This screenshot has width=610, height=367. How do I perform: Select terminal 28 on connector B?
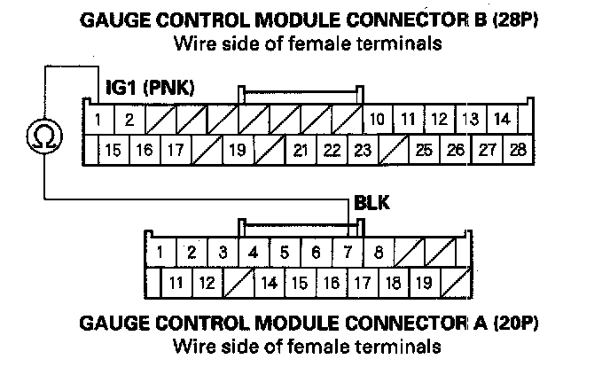[x=518, y=150]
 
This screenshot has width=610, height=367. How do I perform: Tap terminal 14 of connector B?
[x=502, y=119]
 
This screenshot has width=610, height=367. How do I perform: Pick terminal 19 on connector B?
[x=236, y=150]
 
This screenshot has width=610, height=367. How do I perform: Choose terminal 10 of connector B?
[x=377, y=119]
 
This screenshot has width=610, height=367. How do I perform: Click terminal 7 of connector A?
[x=348, y=252]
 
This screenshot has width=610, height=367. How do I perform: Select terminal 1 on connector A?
[x=160, y=252]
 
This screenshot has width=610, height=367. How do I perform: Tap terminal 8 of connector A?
[x=379, y=252]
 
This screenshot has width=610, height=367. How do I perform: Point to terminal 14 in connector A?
[x=269, y=284]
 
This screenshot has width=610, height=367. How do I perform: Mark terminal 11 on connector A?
[x=176, y=284]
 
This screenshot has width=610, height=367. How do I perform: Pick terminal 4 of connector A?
[x=254, y=252]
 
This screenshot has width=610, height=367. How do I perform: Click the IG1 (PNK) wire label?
[x=149, y=88]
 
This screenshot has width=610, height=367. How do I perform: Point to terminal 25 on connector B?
[x=424, y=150]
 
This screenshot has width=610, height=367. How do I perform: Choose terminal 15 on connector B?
[x=113, y=150]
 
